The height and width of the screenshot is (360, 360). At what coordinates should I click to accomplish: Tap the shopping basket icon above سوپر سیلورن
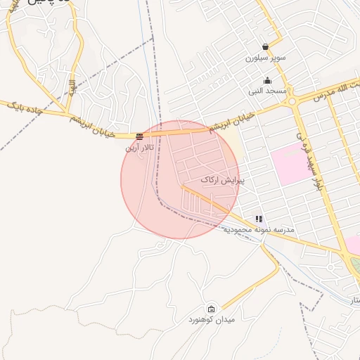click(265, 47)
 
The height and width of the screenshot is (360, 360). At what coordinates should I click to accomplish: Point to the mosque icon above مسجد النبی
click(267, 80)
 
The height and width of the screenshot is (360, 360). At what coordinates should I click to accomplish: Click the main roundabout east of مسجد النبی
click(291, 101)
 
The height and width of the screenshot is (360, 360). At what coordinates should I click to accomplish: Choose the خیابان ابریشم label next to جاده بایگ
click(94, 124)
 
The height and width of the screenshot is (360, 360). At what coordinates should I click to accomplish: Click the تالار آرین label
click(139, 147)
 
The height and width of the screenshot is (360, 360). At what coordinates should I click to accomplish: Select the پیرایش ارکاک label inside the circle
click(222, 180)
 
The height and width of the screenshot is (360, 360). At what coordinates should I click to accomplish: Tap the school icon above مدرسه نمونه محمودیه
click(259, 219)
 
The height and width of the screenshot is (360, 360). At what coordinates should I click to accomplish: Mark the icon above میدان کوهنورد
click(212, 309)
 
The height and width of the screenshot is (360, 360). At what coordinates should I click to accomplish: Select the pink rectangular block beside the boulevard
click(292, 163)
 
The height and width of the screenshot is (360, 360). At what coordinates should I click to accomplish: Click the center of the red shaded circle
click(180, 179)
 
